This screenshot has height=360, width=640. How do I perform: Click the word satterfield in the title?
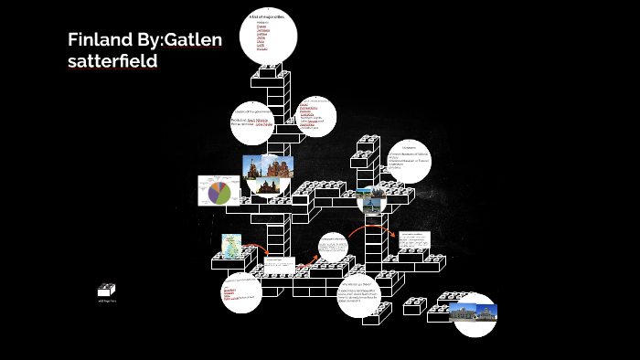pos(112,61)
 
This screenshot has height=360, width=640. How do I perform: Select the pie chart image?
pos(219,191)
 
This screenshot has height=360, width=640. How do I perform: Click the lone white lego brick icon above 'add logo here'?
pos(107,290)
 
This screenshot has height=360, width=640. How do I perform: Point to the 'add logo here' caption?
pos(107,301)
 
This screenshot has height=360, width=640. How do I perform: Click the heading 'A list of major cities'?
pos(266,17)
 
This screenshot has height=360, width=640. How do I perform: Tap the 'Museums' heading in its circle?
pos(409,146)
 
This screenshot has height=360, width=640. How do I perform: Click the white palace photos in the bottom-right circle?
pos(475,313)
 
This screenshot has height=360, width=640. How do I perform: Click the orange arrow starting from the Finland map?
pos(257,248)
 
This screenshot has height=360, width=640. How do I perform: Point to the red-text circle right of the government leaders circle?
pos(314,115)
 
